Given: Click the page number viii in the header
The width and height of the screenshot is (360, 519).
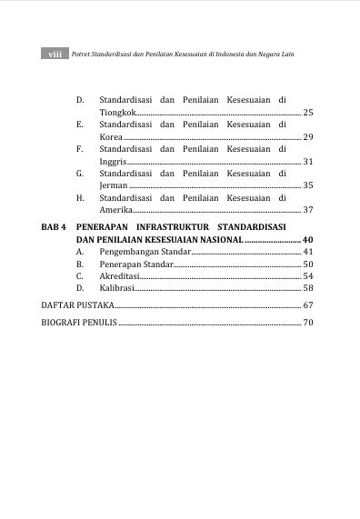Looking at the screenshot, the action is [55, 55].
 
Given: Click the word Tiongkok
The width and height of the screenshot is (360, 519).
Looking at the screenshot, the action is [118, 112].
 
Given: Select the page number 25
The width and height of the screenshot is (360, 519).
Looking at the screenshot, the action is [307, 112].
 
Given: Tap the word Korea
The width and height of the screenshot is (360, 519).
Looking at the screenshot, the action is [112, 136].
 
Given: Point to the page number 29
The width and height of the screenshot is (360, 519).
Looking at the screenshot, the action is [307, 136].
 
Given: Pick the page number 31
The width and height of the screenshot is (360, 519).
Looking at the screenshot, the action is [307, 161].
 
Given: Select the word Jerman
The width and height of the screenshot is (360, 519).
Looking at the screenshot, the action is [114, 185].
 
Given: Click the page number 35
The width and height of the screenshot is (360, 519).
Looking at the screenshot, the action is [307, 185].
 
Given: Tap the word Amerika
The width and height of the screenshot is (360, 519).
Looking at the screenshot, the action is [116, 210].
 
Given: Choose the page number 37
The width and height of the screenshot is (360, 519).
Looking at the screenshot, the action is [307, 210].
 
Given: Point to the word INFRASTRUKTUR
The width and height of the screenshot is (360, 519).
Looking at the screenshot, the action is [171, 225].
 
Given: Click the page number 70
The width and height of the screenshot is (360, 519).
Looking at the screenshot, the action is [307, 323].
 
